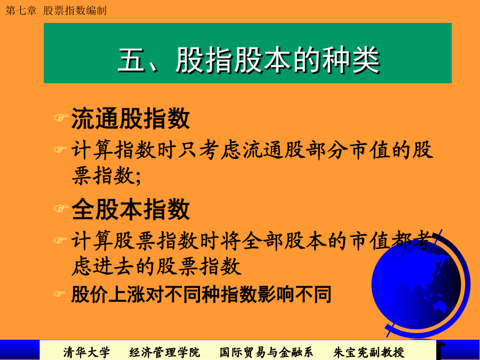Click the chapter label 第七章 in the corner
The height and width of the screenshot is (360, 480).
(x=21, y=11)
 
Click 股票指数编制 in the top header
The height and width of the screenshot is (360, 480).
(x=75, y=11)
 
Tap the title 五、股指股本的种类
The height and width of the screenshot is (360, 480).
(x=249, y=60)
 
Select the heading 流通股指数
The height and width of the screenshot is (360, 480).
(x=131, y=119)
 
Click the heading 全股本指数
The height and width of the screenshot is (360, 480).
(x=131, y=210)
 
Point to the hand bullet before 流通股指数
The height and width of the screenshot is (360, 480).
(x=61, y=117)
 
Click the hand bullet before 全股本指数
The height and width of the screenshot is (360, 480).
(x=61, y=209)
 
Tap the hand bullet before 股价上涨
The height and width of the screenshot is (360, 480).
(x=60, y=294)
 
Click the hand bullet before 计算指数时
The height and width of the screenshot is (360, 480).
(x=60, y=149)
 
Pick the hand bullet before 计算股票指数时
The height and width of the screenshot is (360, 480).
(x=60, y=241)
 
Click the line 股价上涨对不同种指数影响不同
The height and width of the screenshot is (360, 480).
(x=201, y=294)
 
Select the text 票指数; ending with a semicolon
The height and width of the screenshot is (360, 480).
(x=107, y=175)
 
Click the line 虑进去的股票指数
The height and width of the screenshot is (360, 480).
(x=156, y=266)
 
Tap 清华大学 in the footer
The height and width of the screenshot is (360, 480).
(x=86, y=353)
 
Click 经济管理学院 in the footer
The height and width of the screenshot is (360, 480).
(x=164, y=353)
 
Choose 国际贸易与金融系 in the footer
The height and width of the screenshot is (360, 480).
(x=266, y=353)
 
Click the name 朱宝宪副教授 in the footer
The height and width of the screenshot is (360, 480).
(x=369, y=353)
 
